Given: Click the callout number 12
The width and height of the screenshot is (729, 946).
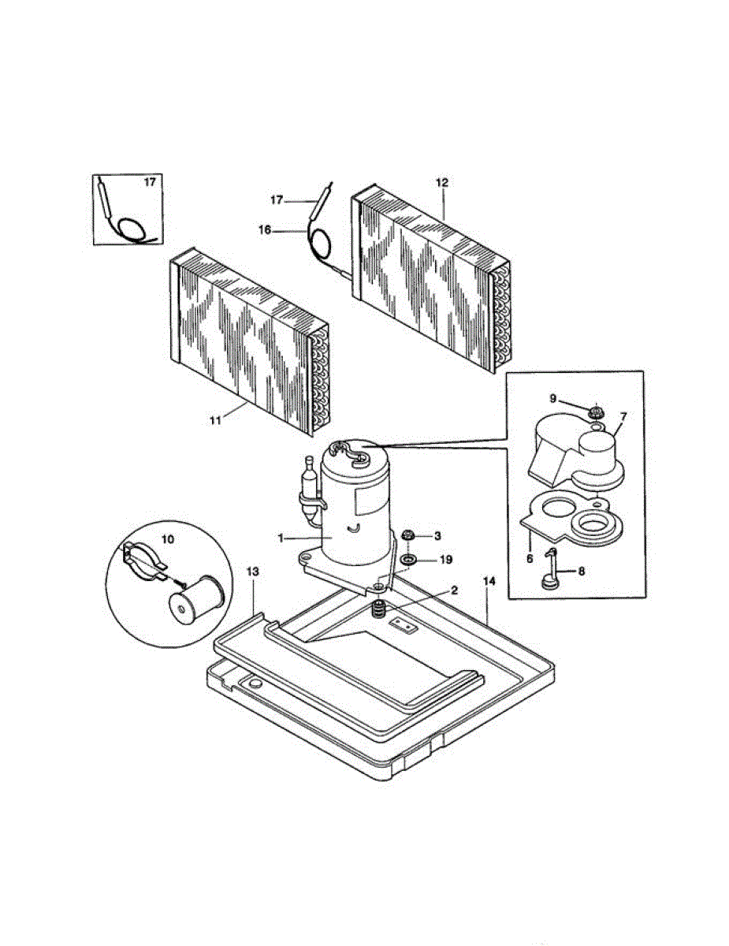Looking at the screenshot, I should coord(441,182).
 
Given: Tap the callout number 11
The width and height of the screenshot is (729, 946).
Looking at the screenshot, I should coord(214,420).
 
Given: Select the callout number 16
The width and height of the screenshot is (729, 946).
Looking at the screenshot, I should coord(265,229).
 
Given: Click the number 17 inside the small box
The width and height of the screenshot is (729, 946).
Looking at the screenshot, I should coord(150,182).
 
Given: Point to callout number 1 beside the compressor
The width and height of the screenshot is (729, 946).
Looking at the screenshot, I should coord(280,538).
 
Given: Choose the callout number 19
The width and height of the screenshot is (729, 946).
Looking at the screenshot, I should coord(446,560).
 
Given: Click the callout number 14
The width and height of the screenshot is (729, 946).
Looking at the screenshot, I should coord(489,581).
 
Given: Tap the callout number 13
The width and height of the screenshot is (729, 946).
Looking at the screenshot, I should coord(252,569).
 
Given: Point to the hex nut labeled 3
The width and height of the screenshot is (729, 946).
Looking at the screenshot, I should coord(409,536).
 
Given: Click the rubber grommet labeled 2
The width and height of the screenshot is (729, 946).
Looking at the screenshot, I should coord(380,609).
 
